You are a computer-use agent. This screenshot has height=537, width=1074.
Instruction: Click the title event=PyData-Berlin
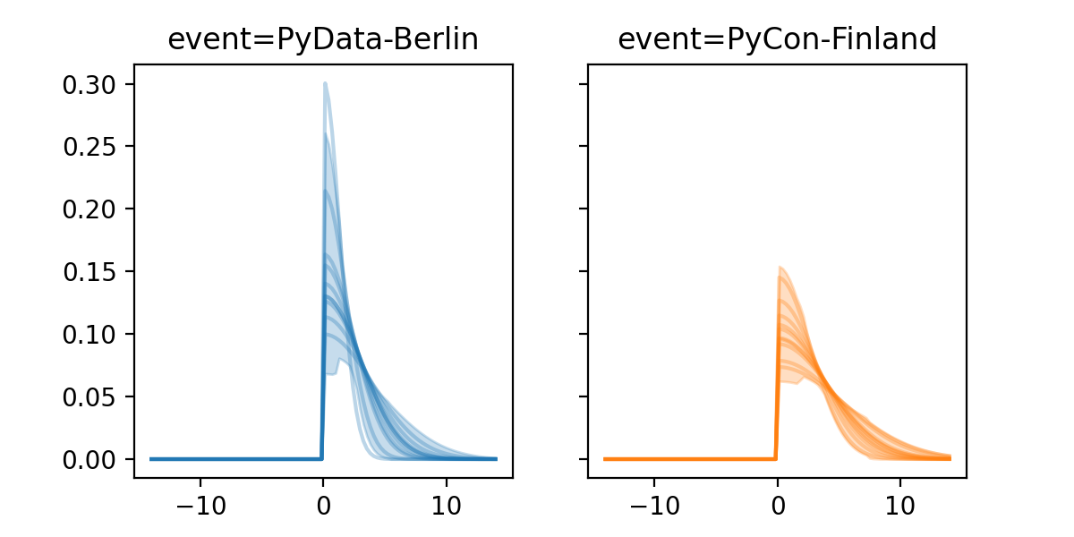[323, 39]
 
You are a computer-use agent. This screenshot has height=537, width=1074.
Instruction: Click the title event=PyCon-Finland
[777, 39]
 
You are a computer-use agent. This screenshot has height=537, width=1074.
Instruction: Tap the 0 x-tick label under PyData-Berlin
[323, 503]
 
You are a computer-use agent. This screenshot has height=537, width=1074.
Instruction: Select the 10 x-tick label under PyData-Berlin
[447, 503]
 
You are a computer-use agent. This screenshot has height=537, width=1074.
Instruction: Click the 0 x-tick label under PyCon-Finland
[777, 503]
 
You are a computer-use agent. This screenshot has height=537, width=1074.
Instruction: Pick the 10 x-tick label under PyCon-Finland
[900, 503]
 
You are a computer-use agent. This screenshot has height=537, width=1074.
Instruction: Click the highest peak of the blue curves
[325, 83]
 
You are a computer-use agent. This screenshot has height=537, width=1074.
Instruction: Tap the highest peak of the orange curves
[780, 267]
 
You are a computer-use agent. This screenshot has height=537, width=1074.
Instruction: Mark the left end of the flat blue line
[151, 459]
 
